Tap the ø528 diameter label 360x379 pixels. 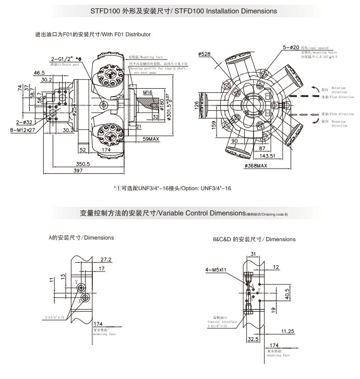pyautogui.click(x=205, y=54)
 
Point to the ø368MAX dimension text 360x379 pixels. pyautogui.click(x=256, y=165)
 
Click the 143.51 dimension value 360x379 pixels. pyautogui.click(x=267, y=156)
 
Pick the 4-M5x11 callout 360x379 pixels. pyautogui.click(x=216, y=270)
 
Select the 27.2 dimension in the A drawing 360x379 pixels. pyautogui.click(x=105, y=259)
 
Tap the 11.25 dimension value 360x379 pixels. pyautogui.click(x=286, y=331)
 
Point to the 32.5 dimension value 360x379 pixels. pyautogui.click(x=254, y=338)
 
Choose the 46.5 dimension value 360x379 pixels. pyautogui.click(x=39, y=72)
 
